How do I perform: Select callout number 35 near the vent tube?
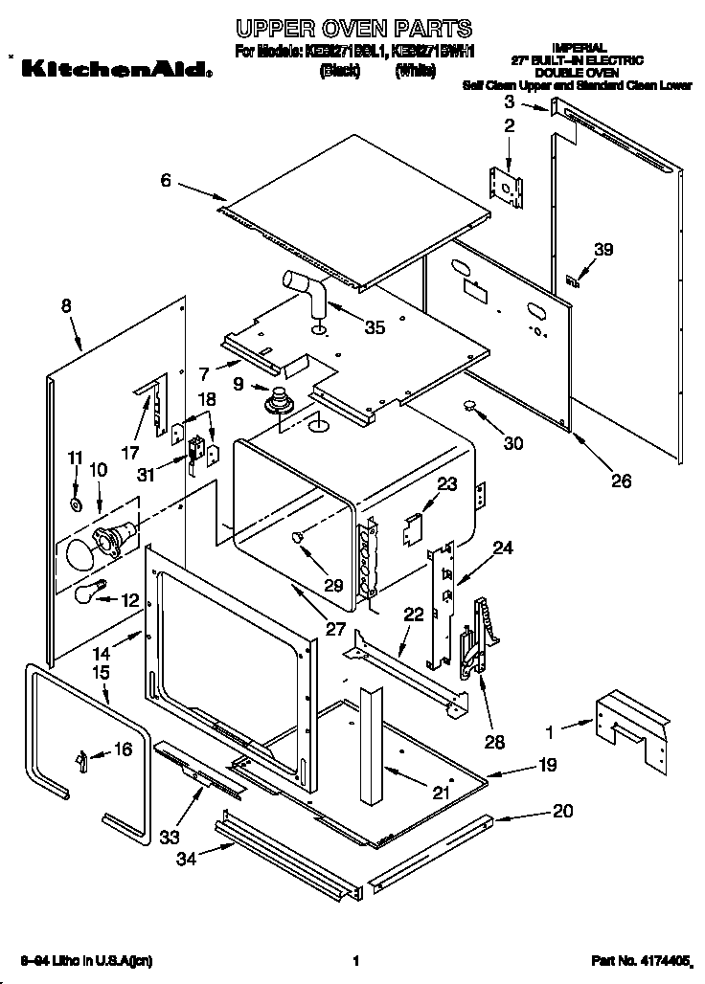pyautogui.click(x=375, y=327)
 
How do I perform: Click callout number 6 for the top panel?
pyautogui.click(x=166, y=179)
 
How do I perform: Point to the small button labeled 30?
pyautogui.click(x=470, y=407)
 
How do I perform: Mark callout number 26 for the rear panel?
pyautogui.click(x=621, y=481)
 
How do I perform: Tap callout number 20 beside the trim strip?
pyautogui.click(x=562, y=811)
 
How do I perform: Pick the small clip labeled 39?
pyautogui.click(x=573, y=281)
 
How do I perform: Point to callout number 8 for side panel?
pyautogui.click(x=66, y=306)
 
